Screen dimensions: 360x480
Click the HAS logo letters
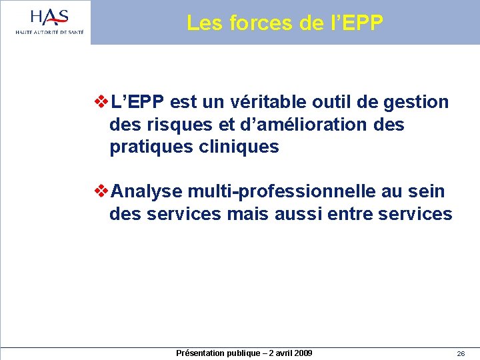(50, 16)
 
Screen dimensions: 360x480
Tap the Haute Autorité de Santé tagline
(50, 31)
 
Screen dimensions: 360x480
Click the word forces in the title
(260, 23)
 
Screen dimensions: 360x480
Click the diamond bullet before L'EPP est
(102, 102)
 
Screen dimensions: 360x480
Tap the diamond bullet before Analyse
(102, 191)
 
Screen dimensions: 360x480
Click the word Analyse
(147, 191)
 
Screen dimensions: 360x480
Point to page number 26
(461, 353)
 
